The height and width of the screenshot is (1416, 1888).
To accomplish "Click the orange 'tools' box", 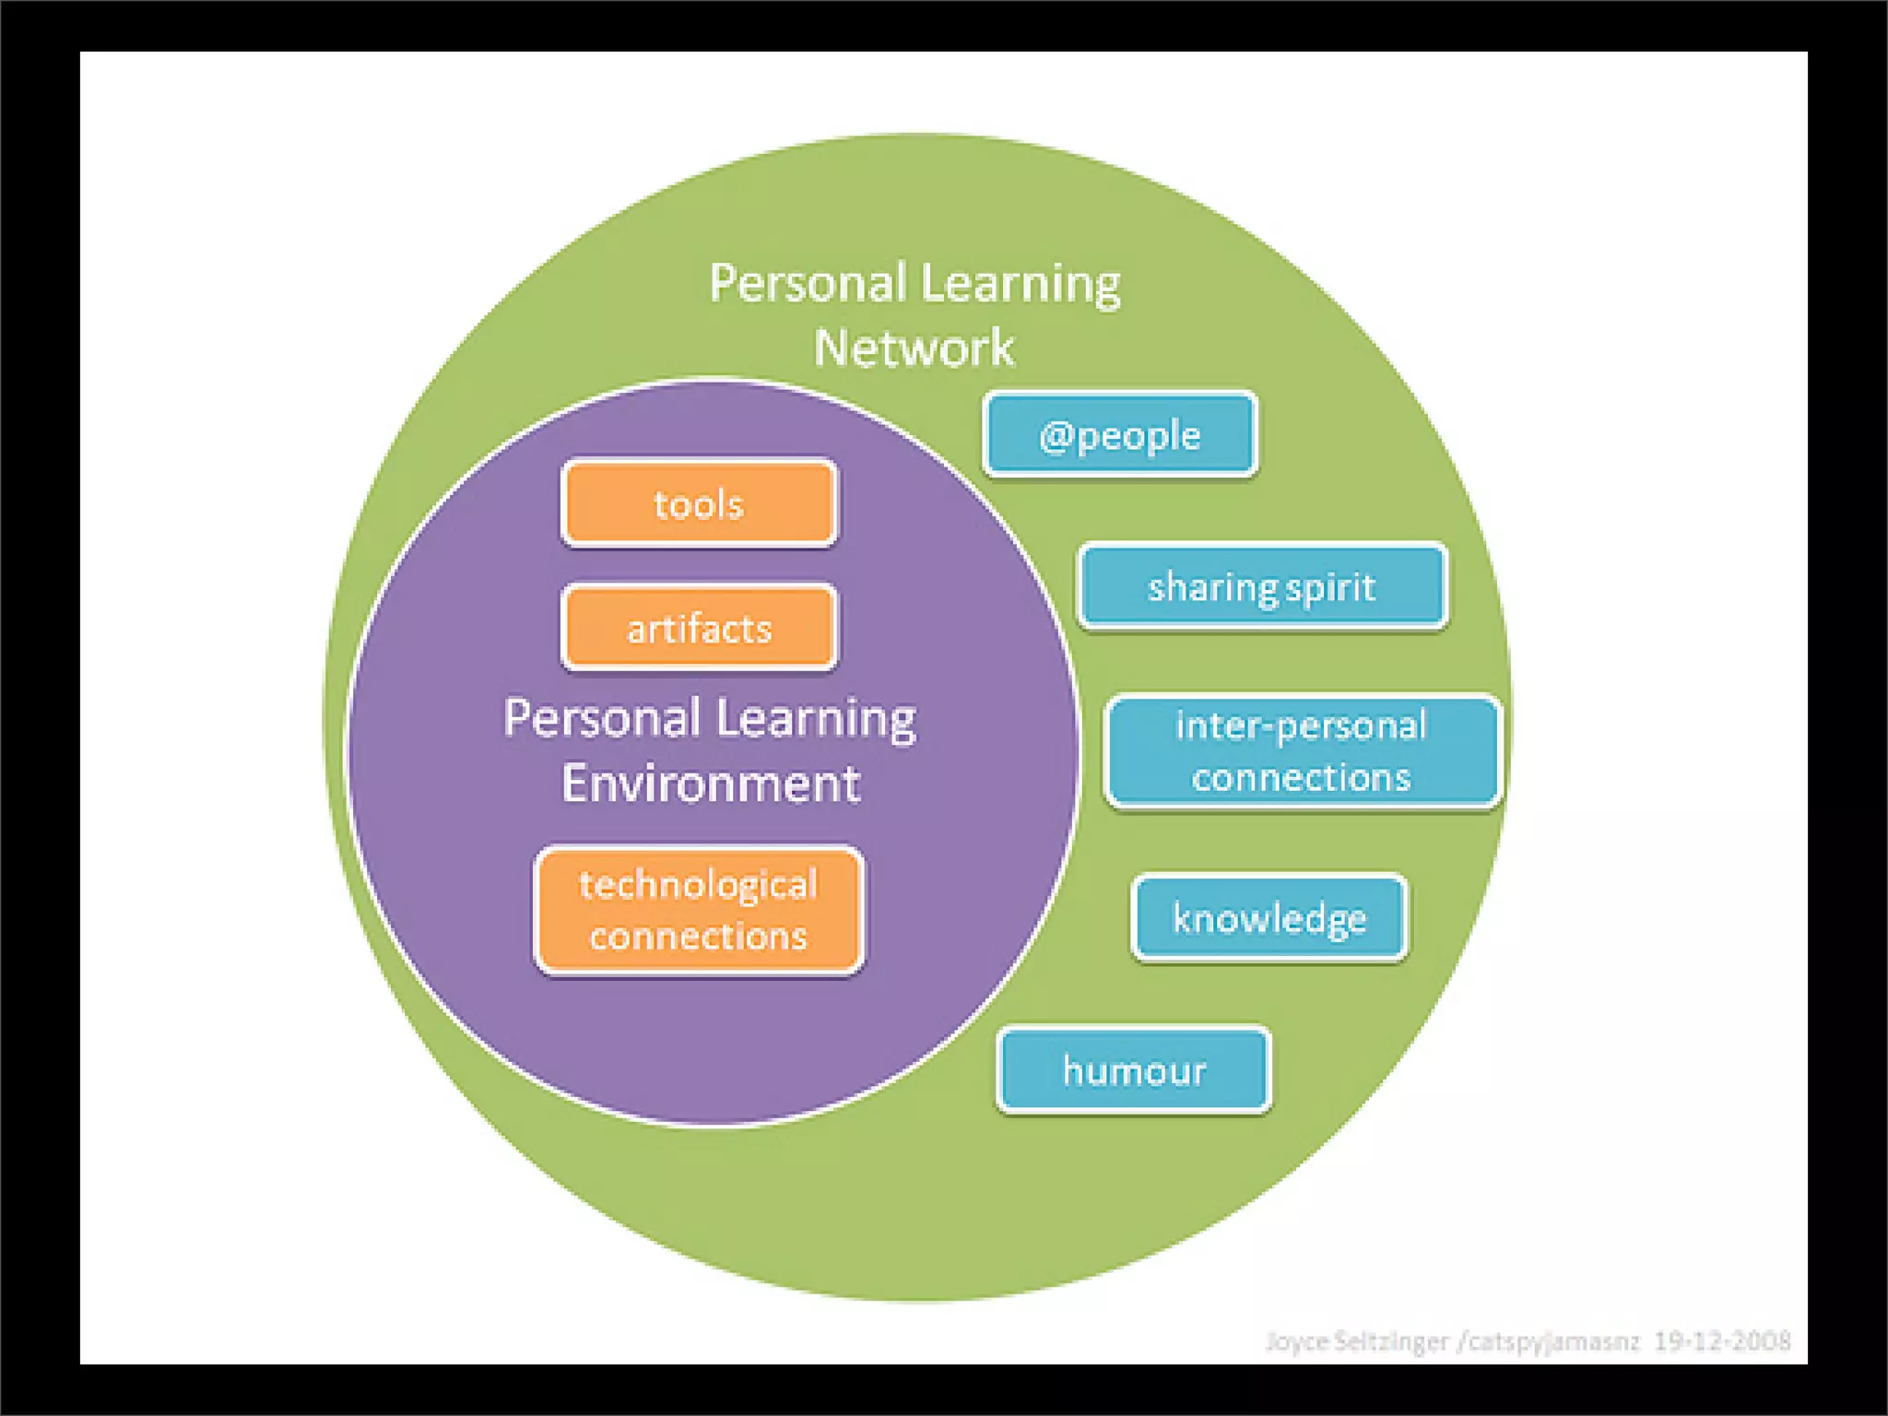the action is (699, 503).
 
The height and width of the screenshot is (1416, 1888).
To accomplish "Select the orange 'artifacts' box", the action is (699, 628).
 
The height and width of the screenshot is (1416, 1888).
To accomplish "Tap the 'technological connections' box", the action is (699, 910).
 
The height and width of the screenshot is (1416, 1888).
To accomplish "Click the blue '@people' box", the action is (1119, 434).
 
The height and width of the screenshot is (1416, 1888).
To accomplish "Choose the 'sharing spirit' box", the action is (1262, 586).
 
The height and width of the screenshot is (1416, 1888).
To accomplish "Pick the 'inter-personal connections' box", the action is (1302, 751).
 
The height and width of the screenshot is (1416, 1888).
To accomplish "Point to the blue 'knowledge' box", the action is (1269, 918).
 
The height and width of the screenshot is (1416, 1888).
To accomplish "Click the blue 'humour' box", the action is (1134, 1070).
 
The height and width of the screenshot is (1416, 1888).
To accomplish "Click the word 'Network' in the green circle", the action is (914, 348).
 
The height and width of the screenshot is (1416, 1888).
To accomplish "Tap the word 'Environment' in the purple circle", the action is (711, 784).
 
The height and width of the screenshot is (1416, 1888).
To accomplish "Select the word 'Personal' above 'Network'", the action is (808, 282).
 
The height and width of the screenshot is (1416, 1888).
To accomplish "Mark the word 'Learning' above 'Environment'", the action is (816, 719).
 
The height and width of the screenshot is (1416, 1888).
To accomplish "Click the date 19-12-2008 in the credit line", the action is (1722, 1340).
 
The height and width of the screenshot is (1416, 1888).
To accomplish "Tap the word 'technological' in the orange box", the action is (699, 884).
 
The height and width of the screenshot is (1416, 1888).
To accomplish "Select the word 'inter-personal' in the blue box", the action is (1302, 726).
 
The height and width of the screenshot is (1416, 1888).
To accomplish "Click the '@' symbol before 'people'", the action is (1056, 435).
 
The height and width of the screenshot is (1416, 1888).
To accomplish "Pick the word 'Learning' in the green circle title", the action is (1021, 282).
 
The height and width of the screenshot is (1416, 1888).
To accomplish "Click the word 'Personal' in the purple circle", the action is (602, 718).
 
